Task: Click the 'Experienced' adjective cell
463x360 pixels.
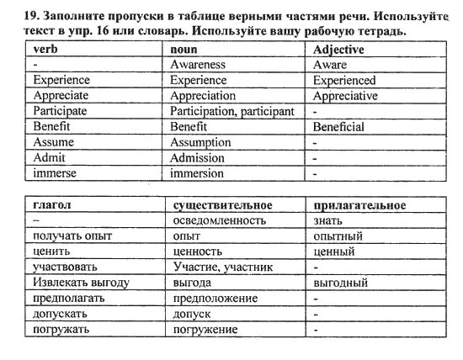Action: pyautogui.click(x=344, y=81)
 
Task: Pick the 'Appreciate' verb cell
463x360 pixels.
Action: pyautogui.click(x=61, y=96)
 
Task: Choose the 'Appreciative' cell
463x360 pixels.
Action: pyautogui.click(x=346, y=96)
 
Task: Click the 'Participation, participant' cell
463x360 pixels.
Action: pyautogui.click(x=232, y=111)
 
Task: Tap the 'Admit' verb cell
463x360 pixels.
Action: pyautogui.click(x=48, y=158)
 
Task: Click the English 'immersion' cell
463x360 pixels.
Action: pyautogui.click(x=198, y=173)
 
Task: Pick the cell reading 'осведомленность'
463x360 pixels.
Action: pyautogui.click(x=219, y=220)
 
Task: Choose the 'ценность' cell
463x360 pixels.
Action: pyautogui.click(x=197, y=251)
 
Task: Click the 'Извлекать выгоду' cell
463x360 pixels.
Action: pyautogui.click(x=81, y=283)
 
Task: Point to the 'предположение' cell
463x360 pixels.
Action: pyautogui.click(x=214, y=298)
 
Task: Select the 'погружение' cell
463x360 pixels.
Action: pyautogui.click(x=205, y=329)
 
